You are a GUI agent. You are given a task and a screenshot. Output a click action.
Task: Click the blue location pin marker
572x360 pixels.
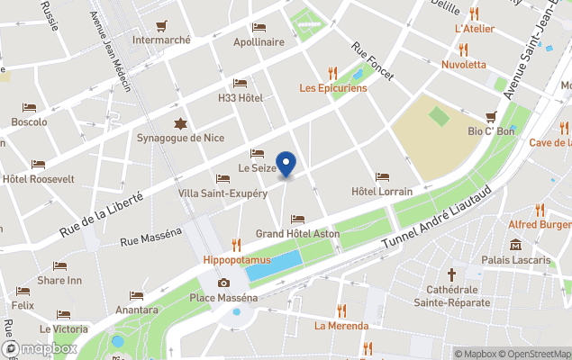(x=286, y=165)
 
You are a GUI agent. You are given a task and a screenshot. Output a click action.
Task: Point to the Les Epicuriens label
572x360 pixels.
(x=333, y=88)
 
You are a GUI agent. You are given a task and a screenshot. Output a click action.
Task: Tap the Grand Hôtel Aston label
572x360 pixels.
(x=297, y=234)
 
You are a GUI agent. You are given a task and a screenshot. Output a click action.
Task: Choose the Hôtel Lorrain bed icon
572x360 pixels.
(x=381, y=176)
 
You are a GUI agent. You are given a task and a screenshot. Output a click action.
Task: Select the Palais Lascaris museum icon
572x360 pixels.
(x=515, y=245)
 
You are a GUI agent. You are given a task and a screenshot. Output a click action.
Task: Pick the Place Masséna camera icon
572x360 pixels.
(x=223, y=283)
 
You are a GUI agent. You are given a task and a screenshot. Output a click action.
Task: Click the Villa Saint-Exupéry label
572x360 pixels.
(x=222, y=193)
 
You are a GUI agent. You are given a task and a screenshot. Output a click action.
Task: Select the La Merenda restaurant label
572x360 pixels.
(x=341, y=326)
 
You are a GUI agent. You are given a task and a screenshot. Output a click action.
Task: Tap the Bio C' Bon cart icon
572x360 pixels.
(x=491, y=116)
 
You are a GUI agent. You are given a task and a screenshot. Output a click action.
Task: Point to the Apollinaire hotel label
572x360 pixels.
(x=259, y=41)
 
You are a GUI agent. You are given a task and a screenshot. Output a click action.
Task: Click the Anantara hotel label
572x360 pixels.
(x=137, y=310)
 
